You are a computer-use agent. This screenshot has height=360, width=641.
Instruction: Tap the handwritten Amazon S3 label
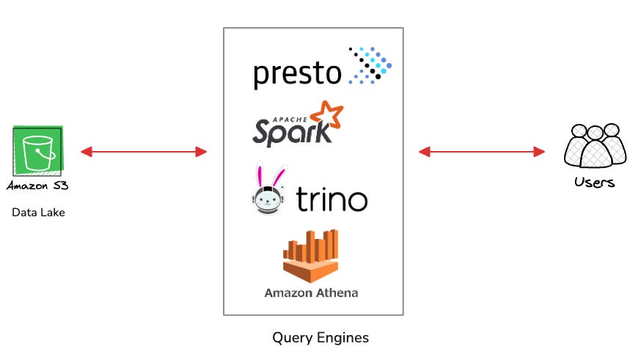pyautogui.click(x=38, y=186)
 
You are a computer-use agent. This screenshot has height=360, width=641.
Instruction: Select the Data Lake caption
pyautogui.click(x=38, y=213)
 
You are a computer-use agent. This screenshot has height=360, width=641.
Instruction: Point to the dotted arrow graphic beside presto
pyautogui.click(x=370, y=65)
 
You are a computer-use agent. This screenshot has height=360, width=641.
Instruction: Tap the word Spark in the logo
pyautogui.click(x=282, y=133)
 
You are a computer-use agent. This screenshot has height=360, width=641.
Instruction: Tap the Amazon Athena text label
pyautogui.click(x=311, y=293)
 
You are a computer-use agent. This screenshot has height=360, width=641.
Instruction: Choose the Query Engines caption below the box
pyautogui.click(x=320, y=338)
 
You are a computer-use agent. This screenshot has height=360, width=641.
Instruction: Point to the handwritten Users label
pyautogui.click(x=594, y=182)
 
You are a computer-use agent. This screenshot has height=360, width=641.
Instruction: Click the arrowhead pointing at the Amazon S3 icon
pyautogui.click(x=86, y=152)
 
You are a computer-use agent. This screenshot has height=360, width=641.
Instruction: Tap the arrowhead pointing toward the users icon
pyautogui.click(x=540, y=152)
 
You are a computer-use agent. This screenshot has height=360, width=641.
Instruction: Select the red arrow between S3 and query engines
pyautogui.click(x=144, y=152)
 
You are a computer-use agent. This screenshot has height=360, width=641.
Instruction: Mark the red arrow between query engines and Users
pyautogui.click(x=481, y=152)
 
